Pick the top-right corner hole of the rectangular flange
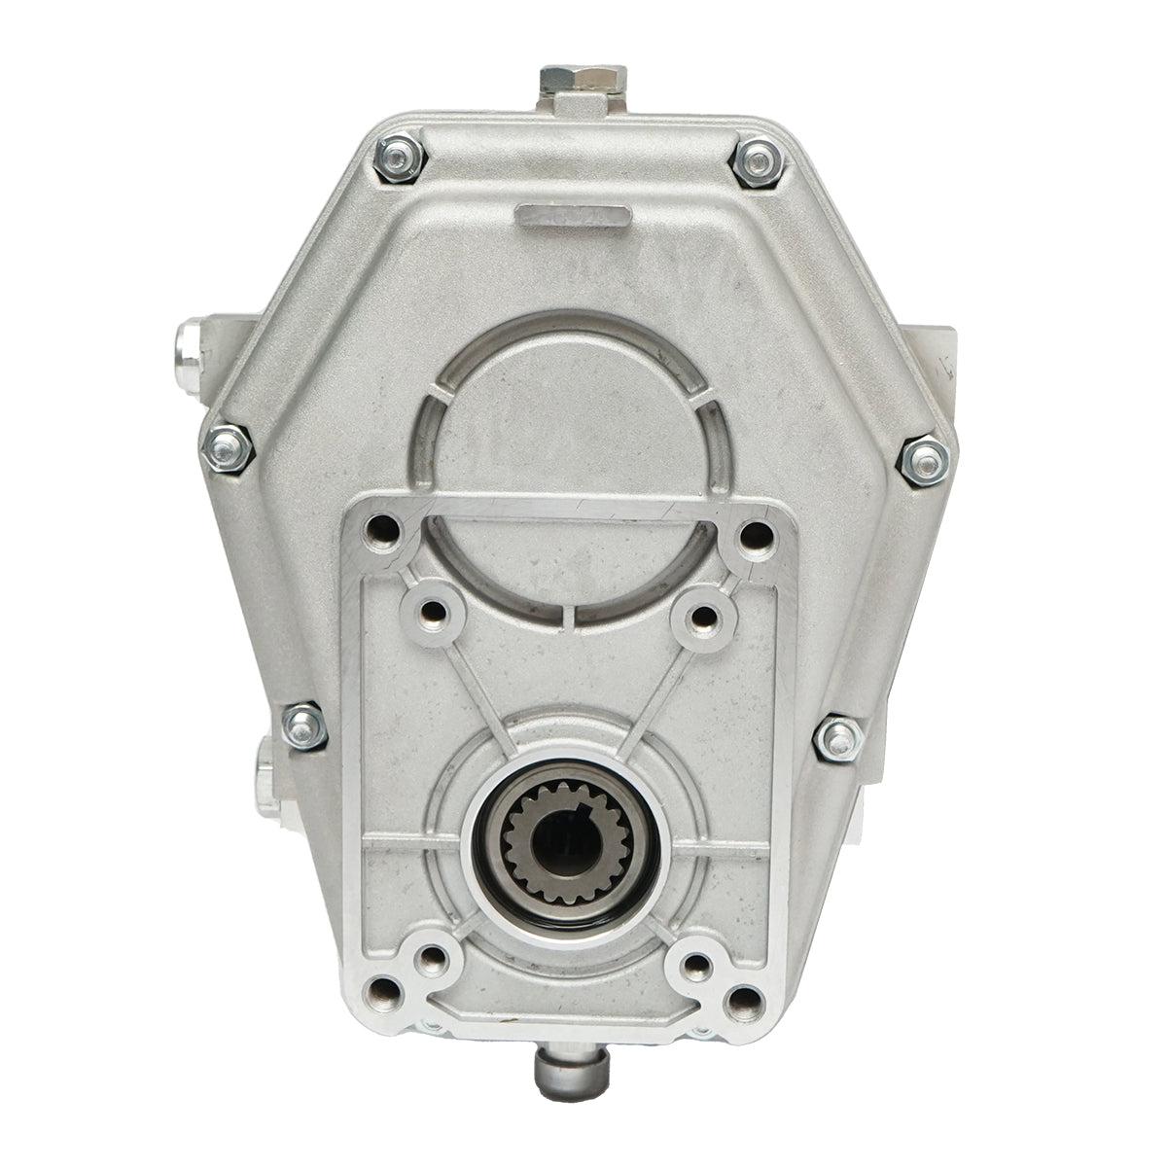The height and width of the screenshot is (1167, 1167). tap(753, 536)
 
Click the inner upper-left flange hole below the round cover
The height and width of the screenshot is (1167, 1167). tap(434, 612)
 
